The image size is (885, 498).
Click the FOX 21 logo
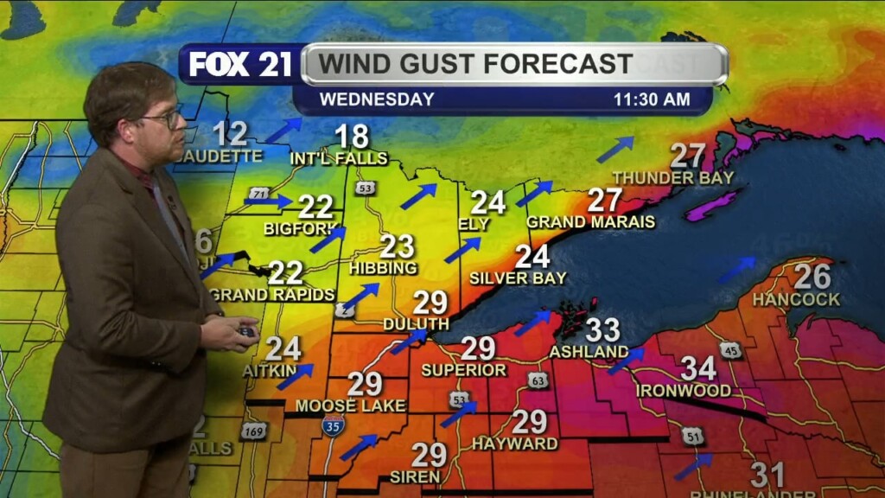[240, 65]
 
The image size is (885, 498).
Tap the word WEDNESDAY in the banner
[377, 99]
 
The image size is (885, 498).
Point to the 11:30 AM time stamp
[652, 99]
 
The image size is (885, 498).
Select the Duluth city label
[417, 323]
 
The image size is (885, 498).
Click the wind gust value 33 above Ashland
[602, 329]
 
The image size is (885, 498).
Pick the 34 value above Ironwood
[698, 368]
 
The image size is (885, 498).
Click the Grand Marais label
[591, 222]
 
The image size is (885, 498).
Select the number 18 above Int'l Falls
[352, 137]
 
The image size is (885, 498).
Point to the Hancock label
[796, 299]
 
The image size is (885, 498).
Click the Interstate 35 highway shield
[334, 424]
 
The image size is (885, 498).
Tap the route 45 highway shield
[731, 349]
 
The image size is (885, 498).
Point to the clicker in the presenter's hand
[246, 331]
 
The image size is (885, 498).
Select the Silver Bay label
[518, 278]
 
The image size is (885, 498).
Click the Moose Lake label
[339, 405]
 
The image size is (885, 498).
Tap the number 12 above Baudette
[230, 134]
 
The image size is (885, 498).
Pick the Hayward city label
[514, 444]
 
